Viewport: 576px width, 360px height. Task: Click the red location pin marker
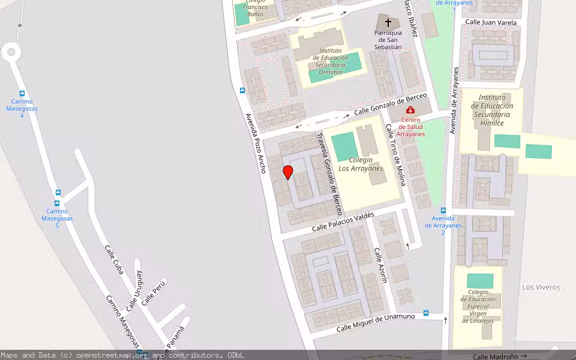click(288, 172)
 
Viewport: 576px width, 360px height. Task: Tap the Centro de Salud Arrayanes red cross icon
click(410, 110)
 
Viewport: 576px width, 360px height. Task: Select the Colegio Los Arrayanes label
click(361, 164)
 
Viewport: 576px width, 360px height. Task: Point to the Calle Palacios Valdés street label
click(343, 221)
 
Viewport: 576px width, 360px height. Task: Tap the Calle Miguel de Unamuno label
click(376, 322)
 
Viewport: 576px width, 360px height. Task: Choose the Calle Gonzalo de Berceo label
click(390, 104)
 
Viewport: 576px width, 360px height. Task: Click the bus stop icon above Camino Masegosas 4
click(22, 94)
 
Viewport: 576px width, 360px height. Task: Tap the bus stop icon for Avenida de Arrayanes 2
click(443, 211)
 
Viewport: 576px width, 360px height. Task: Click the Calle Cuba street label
click(113, 259)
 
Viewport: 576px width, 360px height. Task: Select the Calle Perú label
click(154, 292)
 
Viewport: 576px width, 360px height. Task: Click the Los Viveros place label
click(541, 287)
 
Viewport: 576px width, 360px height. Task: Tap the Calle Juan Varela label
click(491, 22)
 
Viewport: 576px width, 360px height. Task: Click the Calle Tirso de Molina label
click(396, 154)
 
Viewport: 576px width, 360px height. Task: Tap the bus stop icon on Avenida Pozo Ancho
click(242, 91)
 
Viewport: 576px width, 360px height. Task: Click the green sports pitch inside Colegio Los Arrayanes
click(343, 147)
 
